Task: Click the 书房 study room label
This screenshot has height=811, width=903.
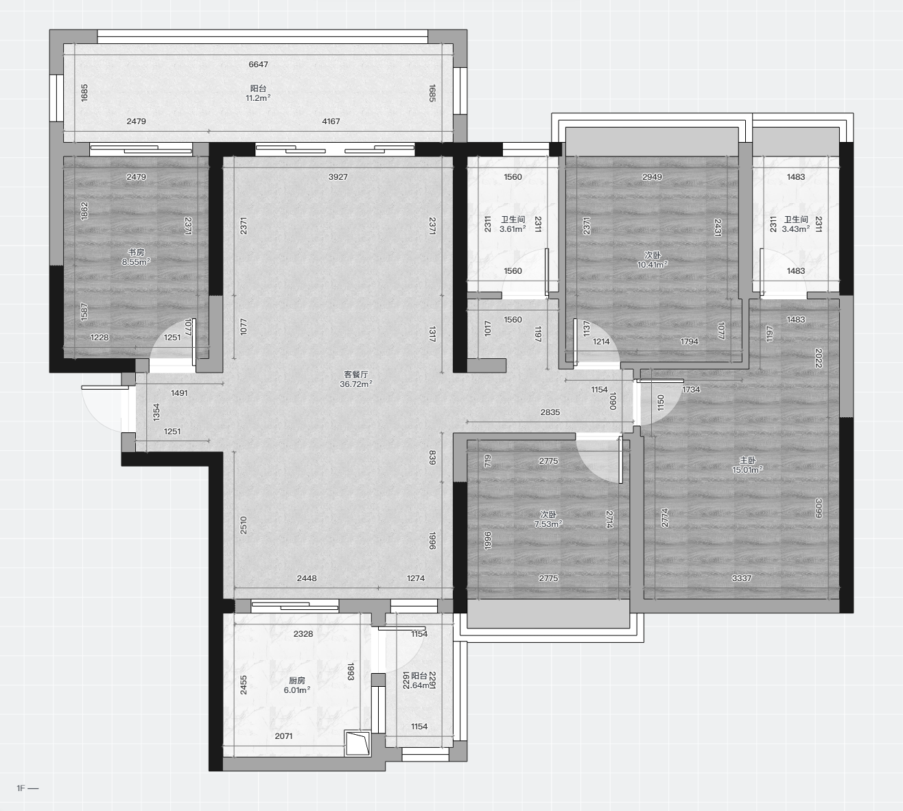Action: pos(136,252)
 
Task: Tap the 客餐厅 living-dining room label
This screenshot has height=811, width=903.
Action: pos(355,375)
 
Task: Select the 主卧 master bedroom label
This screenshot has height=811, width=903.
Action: pos(747,460)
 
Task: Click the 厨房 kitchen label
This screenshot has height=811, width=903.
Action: pos(297,681)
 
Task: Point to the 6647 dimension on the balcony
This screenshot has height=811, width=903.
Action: pos(258,64)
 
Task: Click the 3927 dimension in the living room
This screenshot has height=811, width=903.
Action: pos(338,177)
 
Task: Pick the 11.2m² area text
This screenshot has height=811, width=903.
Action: pos(258,98)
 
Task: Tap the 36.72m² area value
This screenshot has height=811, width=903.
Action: pos(355,384)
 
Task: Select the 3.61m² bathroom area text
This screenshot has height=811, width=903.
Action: pos(513,229)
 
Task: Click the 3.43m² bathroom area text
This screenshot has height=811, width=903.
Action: pos(795,229)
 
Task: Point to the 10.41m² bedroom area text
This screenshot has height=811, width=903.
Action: pos(652,265)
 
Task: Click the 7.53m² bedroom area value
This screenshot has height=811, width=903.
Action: pos(548,524)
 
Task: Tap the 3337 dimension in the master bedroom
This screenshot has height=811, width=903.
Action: pos(742,578)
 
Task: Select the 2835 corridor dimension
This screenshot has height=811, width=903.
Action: pos(550,412)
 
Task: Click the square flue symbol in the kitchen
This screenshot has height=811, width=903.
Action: pos(357,744)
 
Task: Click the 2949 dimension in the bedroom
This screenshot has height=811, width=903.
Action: pos(652,177)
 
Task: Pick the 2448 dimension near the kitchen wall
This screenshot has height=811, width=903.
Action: pos(307,578)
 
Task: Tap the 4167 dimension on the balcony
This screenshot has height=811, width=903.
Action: pos(331,121)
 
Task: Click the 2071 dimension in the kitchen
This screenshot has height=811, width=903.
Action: pos(283,736)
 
